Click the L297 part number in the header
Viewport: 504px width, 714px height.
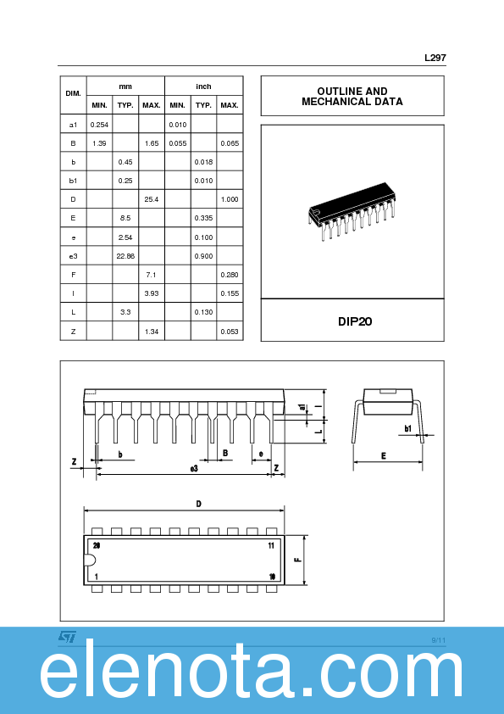coord(435,59)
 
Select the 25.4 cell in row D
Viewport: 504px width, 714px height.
coord(152,198)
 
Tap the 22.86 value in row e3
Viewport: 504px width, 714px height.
coord(125,255)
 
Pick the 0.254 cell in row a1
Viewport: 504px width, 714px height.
coord(99,125)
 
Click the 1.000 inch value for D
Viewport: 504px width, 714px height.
coord(229,198)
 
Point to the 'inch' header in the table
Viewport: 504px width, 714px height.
coord(203,86)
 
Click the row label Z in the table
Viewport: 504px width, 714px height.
coord(73,331)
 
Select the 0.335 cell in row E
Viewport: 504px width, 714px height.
coord(203,218)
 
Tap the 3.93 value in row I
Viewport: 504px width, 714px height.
coord(152,293)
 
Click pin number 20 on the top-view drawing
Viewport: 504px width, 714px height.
coord(97,545)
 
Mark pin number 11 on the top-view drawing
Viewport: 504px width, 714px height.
coord(271,545)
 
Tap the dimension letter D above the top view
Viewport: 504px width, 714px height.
coord(198,504)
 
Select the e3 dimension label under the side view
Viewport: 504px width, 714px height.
coord(194,468)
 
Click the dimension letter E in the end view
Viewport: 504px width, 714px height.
coord(383,456)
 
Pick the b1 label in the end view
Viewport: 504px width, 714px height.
coord(407,428)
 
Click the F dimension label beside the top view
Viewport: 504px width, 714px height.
coord(297,560)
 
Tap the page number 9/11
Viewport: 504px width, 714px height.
coord(438,639)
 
